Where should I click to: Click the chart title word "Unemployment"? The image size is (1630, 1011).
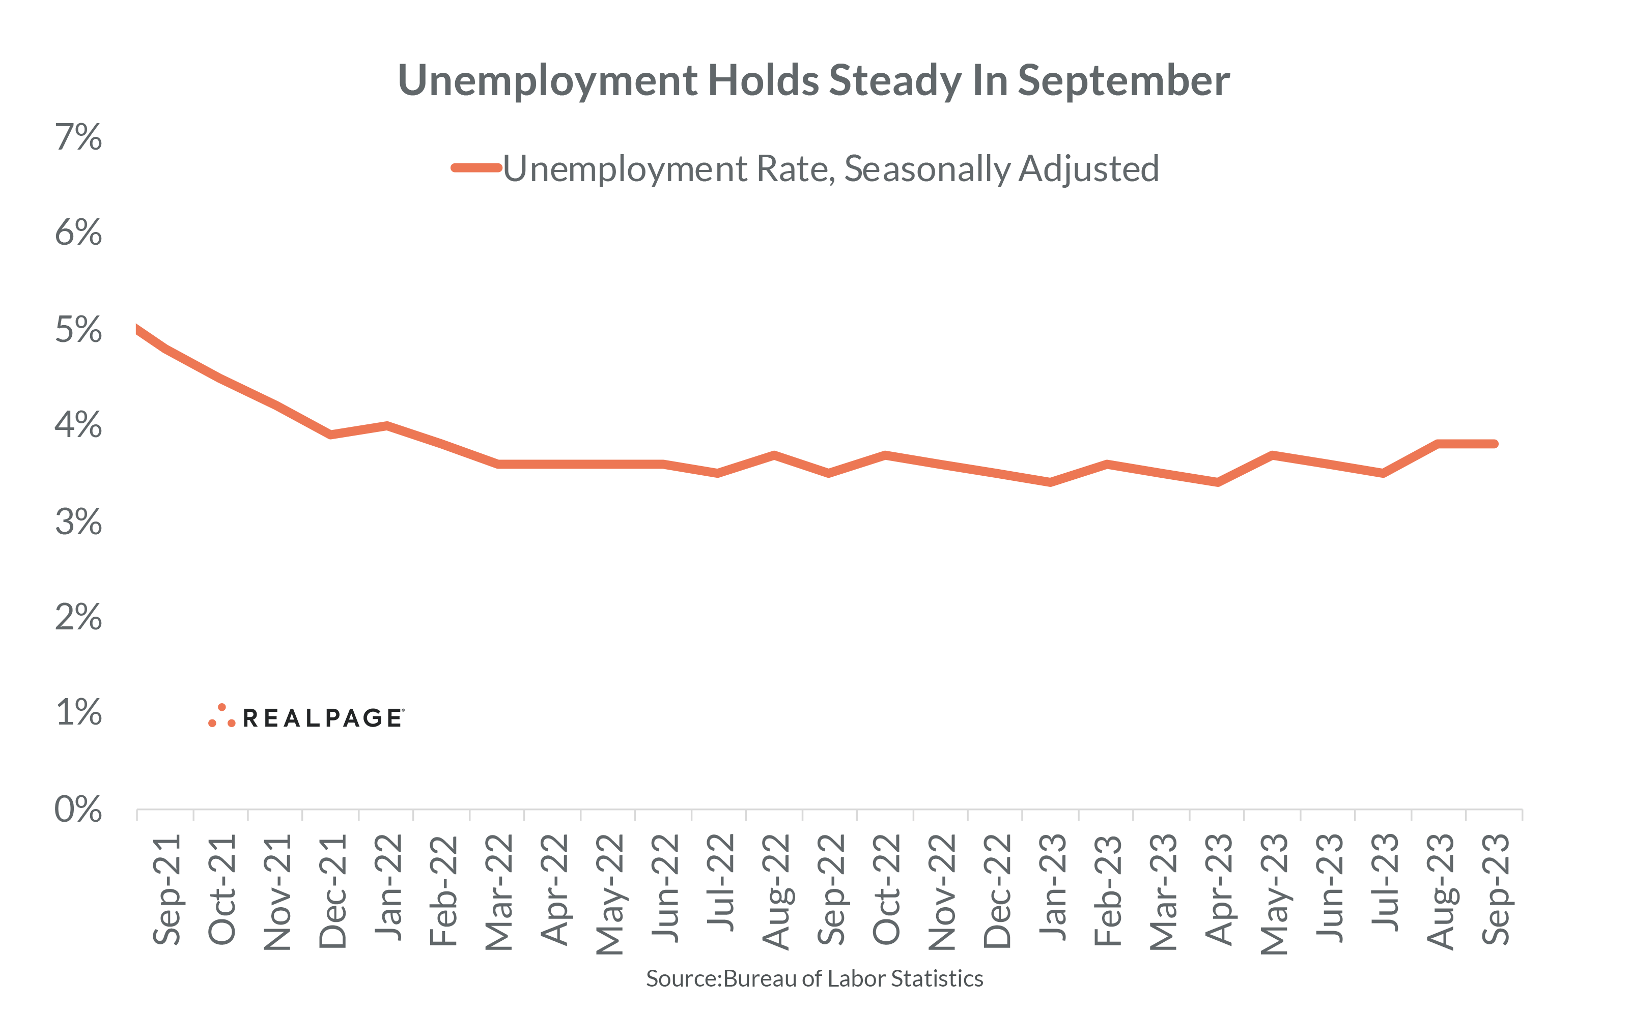tap(548, 81)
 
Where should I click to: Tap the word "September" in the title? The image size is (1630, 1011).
tap(1123, 81)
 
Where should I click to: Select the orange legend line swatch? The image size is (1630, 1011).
tap(476, 168)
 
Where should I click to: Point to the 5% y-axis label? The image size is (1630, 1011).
tap(78, 330)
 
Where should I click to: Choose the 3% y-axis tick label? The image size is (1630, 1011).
tap(78, 522)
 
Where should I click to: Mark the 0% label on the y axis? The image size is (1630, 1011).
tap(78, 809)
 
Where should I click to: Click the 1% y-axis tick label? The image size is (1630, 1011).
tap(78, 712)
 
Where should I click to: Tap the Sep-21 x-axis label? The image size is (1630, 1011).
tap(166, 889)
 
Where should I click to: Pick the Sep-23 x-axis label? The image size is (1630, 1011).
tap(1496, 889)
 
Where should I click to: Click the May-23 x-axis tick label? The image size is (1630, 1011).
tap(1274, 893)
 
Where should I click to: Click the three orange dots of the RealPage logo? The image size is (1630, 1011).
tap(221, 716)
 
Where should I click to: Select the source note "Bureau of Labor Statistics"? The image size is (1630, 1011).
tap(853, 978)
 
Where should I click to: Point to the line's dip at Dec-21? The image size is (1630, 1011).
tap(331, 435)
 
